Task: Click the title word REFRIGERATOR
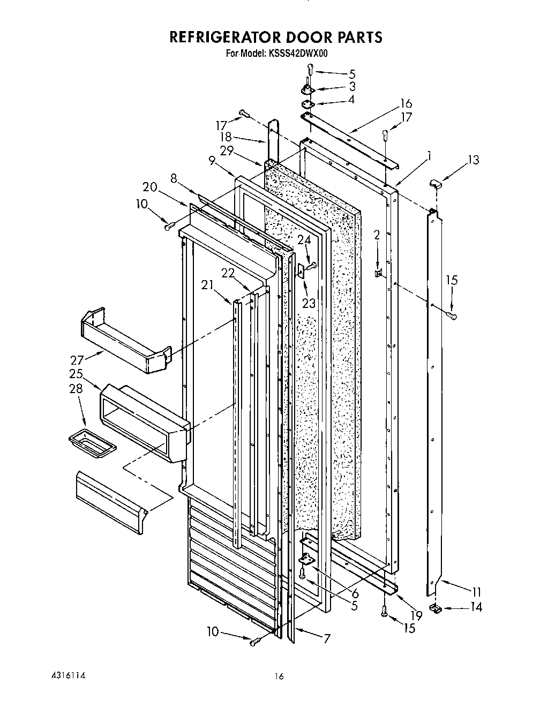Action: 226,37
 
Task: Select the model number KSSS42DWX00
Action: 297,54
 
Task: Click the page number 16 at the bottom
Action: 279,677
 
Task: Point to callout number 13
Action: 472,160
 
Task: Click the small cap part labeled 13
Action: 434,185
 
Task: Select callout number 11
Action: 475,592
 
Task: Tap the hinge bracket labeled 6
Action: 306,560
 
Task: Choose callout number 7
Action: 326,638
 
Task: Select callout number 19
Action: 416,615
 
